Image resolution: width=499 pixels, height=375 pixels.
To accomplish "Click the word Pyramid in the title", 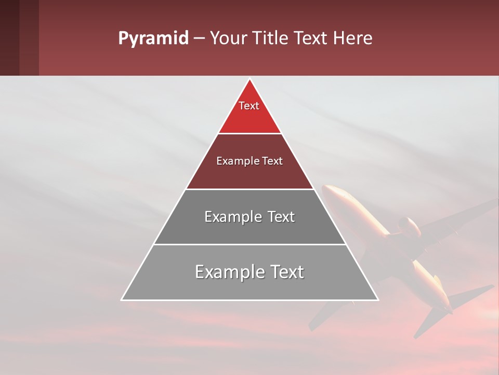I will pyautogui.click(x=153, y=39).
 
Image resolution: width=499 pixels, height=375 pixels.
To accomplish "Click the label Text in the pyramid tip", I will pyautogui.click(x=249, y=106).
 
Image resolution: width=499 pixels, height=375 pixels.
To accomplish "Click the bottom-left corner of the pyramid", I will pyautogui.click(x=122, y=299).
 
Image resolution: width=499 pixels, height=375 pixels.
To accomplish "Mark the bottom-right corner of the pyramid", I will pyautogui.click(x=378, y=299).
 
